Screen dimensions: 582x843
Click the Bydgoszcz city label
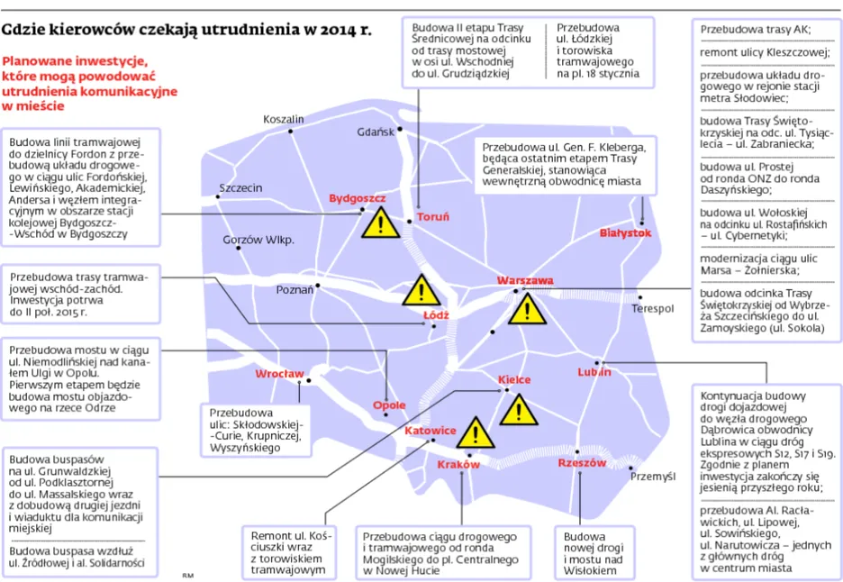(x=357, y=197)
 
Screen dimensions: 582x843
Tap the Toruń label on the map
(x=431, y=217)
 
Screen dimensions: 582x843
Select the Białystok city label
(x=625, y=232)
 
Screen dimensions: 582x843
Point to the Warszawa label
(x=525, y=281)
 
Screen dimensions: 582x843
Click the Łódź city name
(x=436, y=315)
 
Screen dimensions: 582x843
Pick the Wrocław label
(x=279, y=373)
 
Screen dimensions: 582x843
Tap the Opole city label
(x=389, y=405)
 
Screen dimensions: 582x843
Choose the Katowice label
(x=430, y=431)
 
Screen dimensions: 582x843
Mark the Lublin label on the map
(x=594, y=371)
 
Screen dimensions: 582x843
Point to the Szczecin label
(x=240, y=188)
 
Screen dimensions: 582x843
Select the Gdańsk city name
(x=376, y=132)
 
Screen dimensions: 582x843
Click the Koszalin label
(x=284, y=119)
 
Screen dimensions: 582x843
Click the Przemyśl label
(x=653, y=476)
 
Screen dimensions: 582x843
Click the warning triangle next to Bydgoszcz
(x=381, y=222)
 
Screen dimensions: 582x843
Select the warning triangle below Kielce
(x=518, y=411)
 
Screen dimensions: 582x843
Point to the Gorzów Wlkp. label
(x=258, y=240)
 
